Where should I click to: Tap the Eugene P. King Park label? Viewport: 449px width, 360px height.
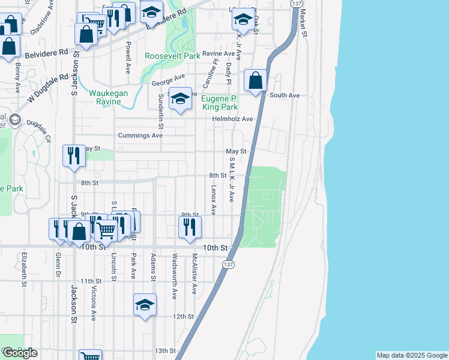(x=219, y=103)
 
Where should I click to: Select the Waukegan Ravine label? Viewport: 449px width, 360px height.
(x=113, y=97)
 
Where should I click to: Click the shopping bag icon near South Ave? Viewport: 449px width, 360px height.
(x=256, y=80)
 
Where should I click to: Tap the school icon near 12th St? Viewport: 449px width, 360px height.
(x=145, y=305)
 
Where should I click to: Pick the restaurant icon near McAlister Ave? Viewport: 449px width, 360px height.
(x=190, y=227)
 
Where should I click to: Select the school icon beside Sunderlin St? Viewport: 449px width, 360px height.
(x=179, y=98)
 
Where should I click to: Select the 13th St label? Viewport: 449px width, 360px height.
(x=164, y=350)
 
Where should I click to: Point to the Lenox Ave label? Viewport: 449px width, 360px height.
(x=213, y=199)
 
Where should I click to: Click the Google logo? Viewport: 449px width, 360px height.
(x=20, y=353)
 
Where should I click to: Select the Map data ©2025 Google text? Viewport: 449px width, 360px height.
(x=411, y=355)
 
